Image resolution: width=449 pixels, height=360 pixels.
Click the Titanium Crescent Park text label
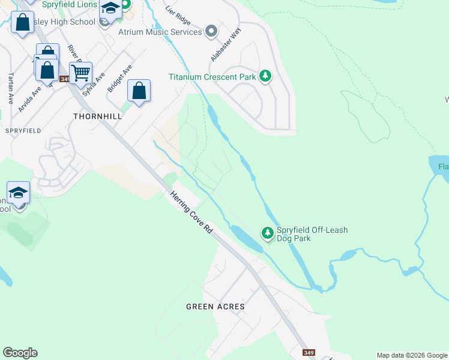pyautogui.click(x=212, y=77)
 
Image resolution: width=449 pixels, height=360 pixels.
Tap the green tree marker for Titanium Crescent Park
pyautogui.click(x=265, y=76)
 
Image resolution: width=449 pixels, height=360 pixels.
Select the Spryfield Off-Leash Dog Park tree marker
pyautogui.click(x=268, y=232)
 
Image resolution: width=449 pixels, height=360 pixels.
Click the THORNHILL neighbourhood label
pyautogui.click(x=97, y=116)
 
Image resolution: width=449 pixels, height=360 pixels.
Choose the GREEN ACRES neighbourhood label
pyautogui.click(x=215, y=307)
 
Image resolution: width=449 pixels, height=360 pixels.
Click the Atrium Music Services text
pyautogui.click(x=160, y=32)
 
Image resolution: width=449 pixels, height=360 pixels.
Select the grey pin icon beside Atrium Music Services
pyautogui.click(x=211, y=31)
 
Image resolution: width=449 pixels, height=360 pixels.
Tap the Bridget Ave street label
pyautogui.click(x=119, y=79)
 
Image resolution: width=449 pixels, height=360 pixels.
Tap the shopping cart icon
pyautogui.click(x=80, y=73)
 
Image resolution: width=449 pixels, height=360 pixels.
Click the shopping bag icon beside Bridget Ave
pyautogui.click(x=139, y=91)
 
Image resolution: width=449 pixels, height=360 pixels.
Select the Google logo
pyautogui.click(x=20, y=353)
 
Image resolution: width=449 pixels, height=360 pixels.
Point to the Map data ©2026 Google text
pyautogui.click(x=411, y=355)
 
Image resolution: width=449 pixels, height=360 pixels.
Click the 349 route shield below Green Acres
pyautogui.click(x=309, y=353)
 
